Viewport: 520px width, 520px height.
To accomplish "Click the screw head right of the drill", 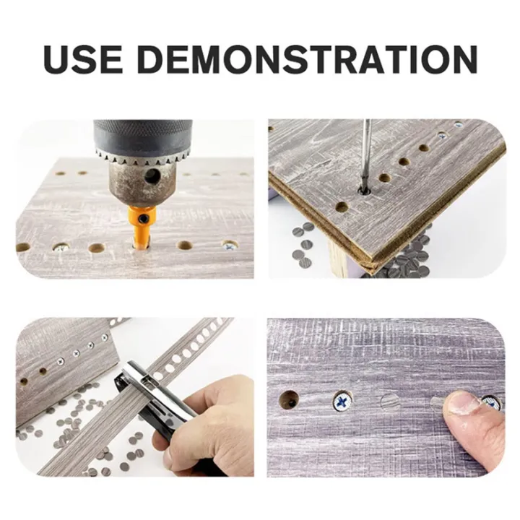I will (229, 246).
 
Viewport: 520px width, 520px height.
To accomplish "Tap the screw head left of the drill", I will (61, 247).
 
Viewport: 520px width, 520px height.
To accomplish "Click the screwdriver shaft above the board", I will (366, 148).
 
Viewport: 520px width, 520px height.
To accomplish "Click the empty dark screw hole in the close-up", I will (289, 399).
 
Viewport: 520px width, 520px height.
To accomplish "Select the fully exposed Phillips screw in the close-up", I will (341, 401).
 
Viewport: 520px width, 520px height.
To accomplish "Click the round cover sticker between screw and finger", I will (390, 402).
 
